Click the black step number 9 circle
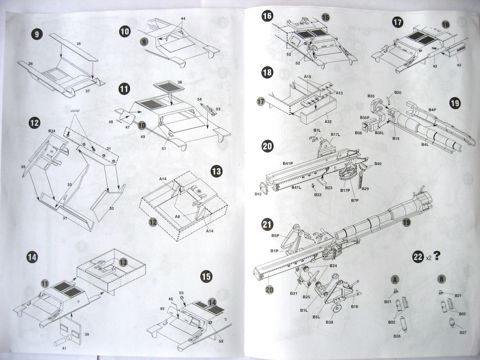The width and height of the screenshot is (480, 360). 36,34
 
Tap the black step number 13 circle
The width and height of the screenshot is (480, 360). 216,171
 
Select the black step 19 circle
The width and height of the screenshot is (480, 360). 454,103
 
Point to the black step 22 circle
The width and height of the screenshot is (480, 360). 417,256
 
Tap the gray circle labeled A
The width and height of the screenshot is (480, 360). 395,279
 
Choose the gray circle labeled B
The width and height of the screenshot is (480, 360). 441,279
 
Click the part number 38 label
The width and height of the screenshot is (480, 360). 180,82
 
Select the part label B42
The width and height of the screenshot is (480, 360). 258,194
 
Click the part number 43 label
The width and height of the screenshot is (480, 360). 457,65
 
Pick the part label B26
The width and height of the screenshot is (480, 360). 397,336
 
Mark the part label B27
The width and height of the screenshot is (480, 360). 463,332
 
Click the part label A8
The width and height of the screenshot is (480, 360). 178,217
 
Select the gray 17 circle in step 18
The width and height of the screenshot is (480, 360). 261,101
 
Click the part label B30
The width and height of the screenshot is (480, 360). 371,96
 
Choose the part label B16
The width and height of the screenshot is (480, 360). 354,307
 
